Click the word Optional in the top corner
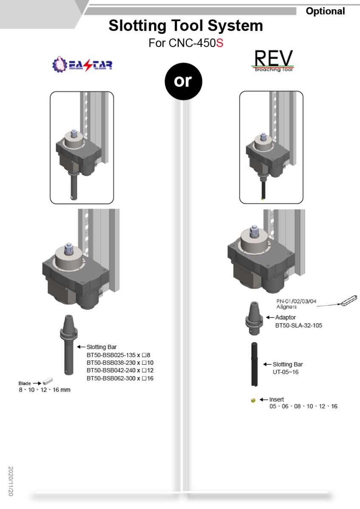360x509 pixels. click(x=325, y=11)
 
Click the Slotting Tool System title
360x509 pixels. click(x=186, y=26)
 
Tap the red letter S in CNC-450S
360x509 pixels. click(x=219, y=43)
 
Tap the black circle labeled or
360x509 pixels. click(x=183, y=81)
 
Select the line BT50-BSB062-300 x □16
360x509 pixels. click(x=120, y=378)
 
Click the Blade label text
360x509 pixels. click(x=25, y=383)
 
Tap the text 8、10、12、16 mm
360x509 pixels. click(x=44, y=390)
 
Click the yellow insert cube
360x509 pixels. click(x=253, y=400)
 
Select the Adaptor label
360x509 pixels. click(x=285, y=317)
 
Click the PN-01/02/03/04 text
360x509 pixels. click(x=296, y=301)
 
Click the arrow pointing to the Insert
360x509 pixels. click(x=263, y=400)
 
